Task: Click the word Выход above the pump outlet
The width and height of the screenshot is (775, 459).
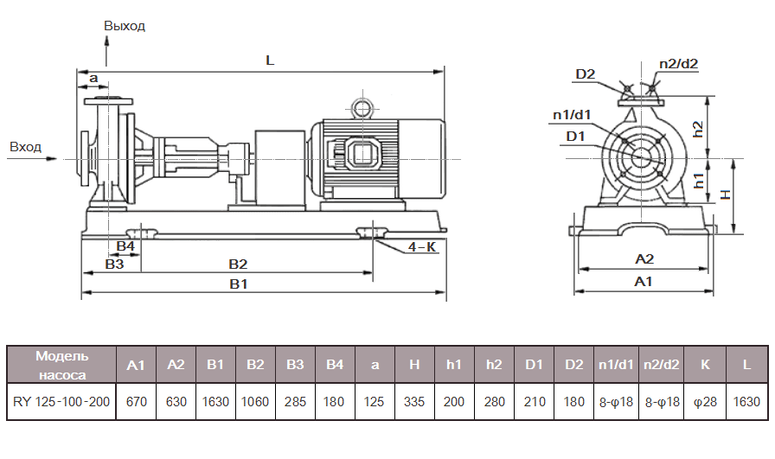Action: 125,26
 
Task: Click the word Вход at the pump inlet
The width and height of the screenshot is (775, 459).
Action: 25,147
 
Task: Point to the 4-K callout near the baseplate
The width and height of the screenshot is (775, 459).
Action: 421,247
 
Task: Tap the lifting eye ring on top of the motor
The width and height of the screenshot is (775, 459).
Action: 360,107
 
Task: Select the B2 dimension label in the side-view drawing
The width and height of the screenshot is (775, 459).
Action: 238,264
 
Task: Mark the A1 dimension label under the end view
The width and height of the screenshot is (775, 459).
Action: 644,282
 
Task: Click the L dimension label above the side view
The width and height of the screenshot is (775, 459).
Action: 270,61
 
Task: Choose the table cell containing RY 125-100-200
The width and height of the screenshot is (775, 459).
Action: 61,402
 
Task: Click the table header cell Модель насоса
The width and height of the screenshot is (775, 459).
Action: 61,365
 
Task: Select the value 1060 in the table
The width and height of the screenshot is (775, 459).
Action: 255,402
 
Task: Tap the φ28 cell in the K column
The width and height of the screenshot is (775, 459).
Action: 704,402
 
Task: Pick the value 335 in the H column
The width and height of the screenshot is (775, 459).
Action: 414,402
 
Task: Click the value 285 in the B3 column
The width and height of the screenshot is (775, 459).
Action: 295,402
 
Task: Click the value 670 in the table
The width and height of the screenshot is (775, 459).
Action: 136,402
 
